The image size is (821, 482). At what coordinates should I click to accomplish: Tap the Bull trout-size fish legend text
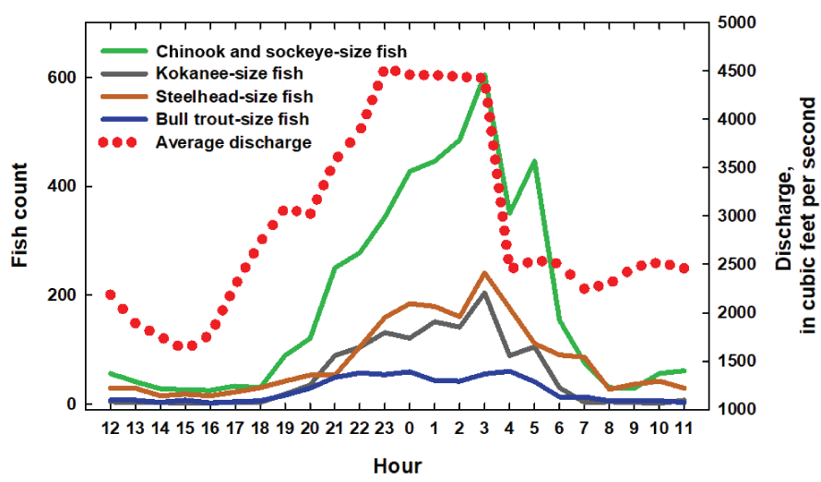(x=232, y=119)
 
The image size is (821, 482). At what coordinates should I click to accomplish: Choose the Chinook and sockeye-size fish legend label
(x=280, y=51)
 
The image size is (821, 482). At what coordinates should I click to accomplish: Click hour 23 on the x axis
(x=385, y=428)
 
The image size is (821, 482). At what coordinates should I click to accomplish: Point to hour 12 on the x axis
(x=111, y=428)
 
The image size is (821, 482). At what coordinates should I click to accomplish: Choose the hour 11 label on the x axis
(x=684, y=428)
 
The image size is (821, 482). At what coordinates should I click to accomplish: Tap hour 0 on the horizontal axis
(x=410, y=428)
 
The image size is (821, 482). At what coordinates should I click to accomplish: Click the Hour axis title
(x=397, y=465)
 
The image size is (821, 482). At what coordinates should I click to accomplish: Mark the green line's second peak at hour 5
(x=534, y=162)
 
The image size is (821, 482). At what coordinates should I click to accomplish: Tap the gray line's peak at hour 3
(x=484, y=293)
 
